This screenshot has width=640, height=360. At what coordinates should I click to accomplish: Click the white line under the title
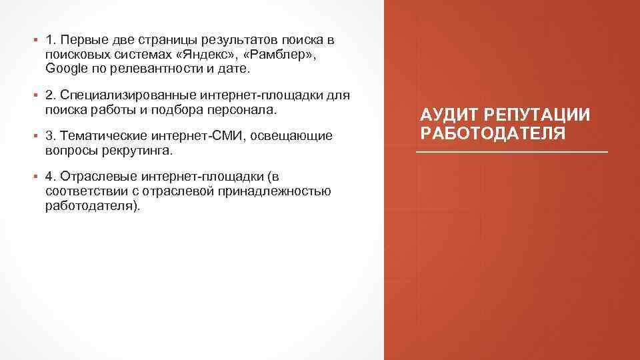coord(512,153)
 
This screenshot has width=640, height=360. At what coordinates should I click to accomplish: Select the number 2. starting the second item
coord(51,95)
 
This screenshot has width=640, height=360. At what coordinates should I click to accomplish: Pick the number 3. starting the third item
coord(51,136)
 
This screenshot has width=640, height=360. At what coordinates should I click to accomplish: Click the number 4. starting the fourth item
coord(51,177)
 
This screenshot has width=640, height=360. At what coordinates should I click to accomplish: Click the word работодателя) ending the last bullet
coord(93,206)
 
